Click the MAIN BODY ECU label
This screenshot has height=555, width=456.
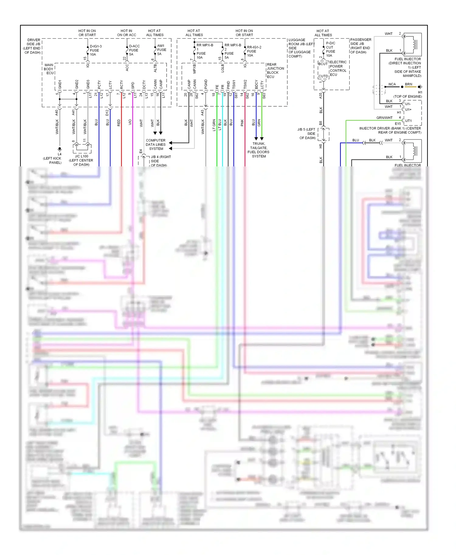[49, 69]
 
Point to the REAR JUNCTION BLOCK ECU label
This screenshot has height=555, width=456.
[275, 70]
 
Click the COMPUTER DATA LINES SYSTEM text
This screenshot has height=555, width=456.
[156, 145]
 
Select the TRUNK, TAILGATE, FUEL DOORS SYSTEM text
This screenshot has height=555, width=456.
[258, 150]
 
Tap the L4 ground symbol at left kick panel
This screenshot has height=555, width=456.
[60, 149]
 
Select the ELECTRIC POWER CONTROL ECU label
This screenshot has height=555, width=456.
[338, 68]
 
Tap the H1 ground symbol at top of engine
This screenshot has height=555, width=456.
[420, 87]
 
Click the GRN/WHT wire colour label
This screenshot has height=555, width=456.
[384, 118]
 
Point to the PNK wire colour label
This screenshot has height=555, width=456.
[242, 123]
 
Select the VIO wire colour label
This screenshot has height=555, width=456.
[130, 122]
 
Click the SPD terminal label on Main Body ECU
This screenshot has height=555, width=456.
[133, 85]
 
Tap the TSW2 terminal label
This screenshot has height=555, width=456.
[245, 85]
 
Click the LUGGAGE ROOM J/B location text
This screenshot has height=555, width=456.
[301, 48]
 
